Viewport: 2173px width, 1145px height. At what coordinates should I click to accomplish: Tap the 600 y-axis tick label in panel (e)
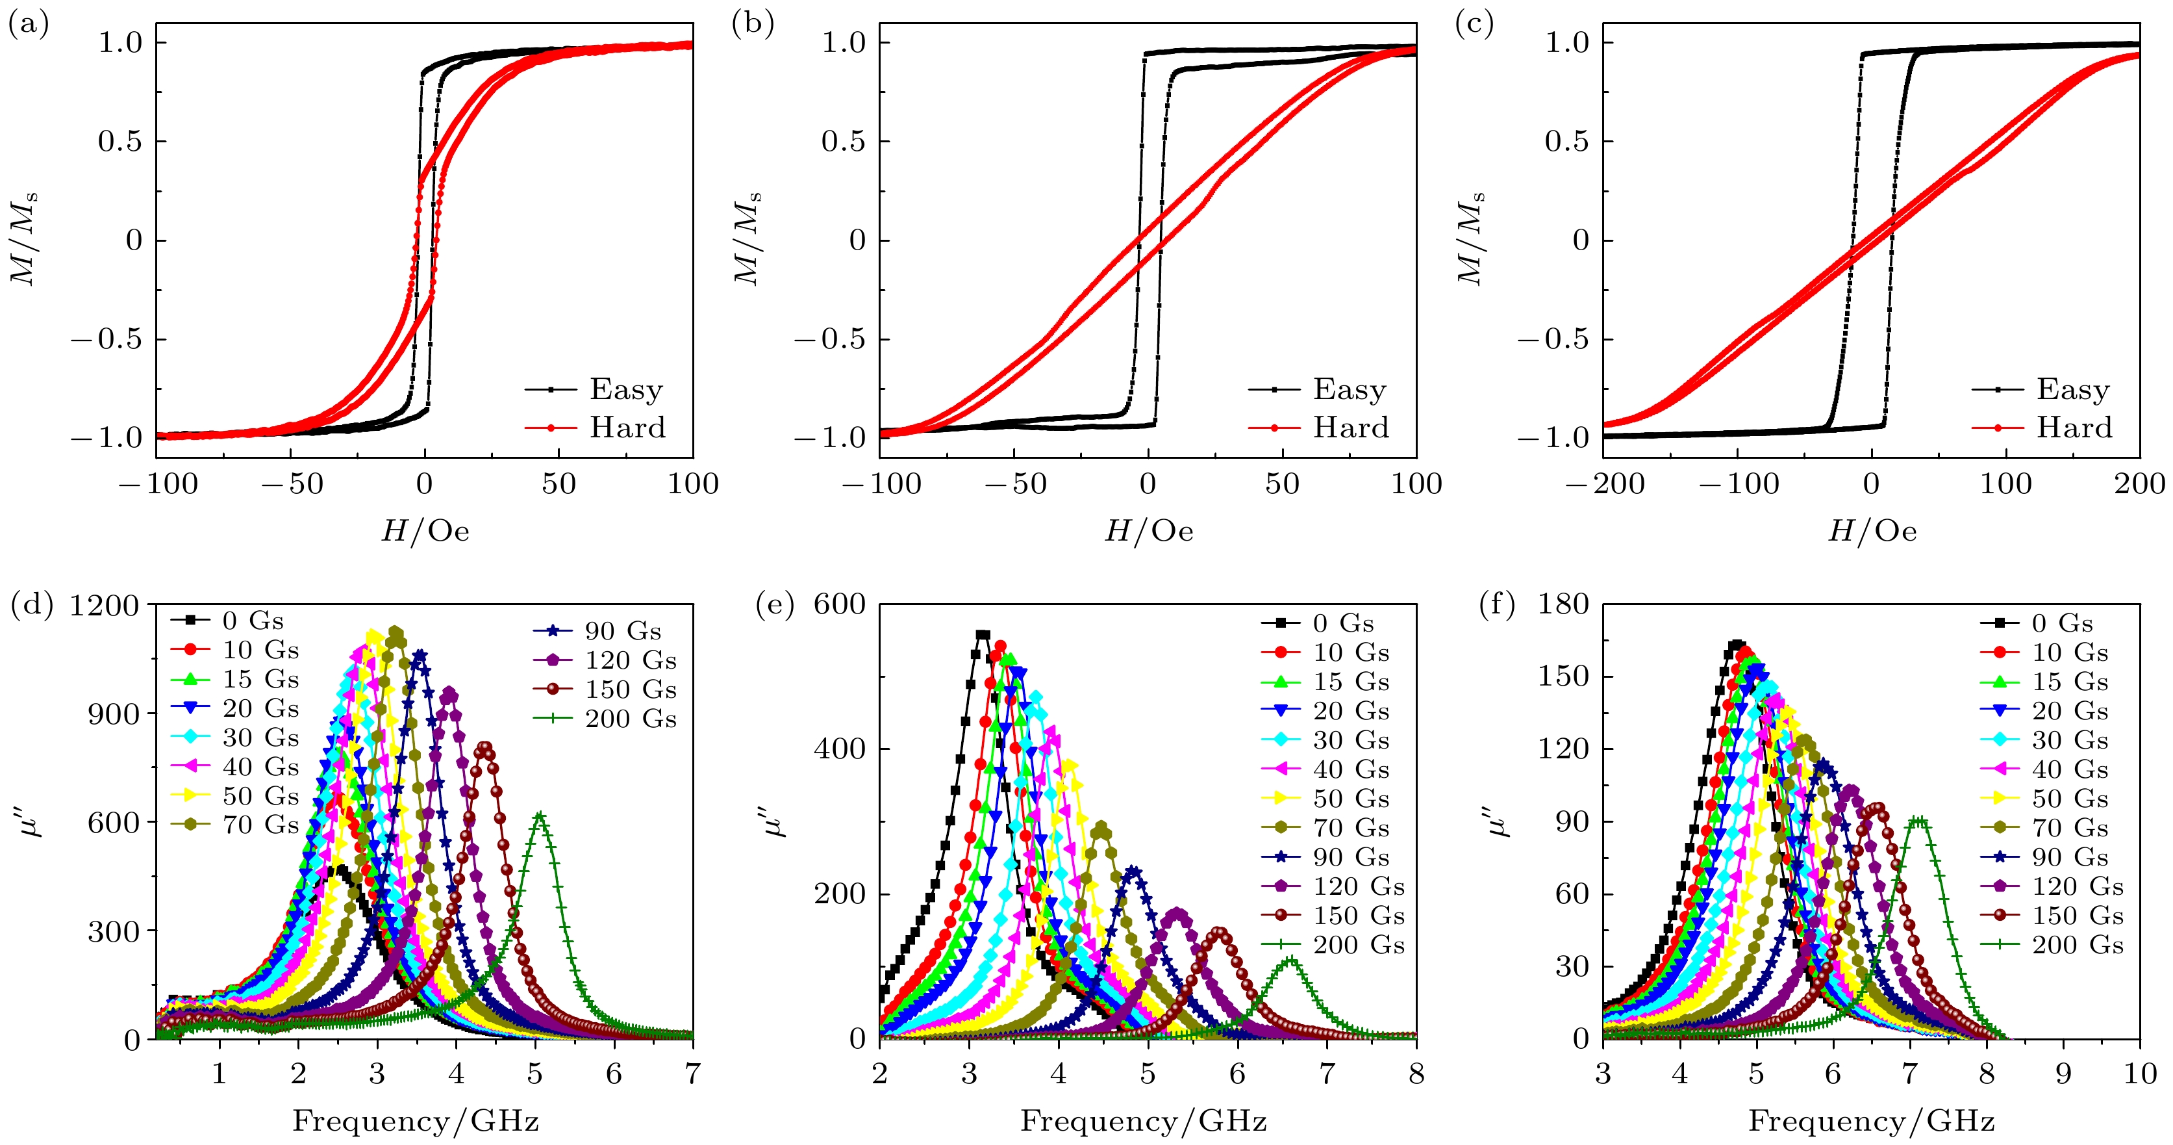coord(839,604)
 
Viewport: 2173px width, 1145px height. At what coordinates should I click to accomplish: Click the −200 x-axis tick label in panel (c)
coord(1605,484)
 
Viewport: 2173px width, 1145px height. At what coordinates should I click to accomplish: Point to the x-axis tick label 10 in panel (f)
coord(2140,1074)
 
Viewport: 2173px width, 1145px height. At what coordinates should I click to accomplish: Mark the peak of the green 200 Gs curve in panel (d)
coord(540,815)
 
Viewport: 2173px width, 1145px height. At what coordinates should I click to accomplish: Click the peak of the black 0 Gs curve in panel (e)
coord(982,634)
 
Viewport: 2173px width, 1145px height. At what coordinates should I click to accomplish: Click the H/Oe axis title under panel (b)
coord(1149,531)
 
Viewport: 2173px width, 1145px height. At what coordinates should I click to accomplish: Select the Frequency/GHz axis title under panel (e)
coord(1143,1122)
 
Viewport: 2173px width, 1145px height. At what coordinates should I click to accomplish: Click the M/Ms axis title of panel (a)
coord(23,240)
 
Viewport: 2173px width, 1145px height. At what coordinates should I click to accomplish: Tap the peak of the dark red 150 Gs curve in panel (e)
coord(1220,931)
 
